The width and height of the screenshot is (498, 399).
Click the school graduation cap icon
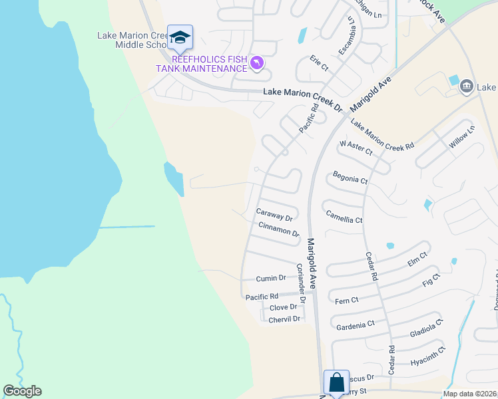coord(180,38)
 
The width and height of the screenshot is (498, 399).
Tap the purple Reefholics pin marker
coord(256,63)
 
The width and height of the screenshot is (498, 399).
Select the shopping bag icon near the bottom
coord(336,383)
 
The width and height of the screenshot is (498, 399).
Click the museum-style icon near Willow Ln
coord(466,85)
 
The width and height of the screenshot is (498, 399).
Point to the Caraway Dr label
coord(274,217)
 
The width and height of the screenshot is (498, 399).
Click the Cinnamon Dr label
coord(278,229)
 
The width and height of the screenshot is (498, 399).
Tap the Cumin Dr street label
coord(272,278)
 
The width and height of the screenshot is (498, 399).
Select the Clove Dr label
coord(283,307)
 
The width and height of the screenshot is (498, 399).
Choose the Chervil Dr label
coord(285,319)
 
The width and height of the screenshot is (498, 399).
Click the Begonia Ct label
coord(350,180)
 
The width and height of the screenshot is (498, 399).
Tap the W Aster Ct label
coord(356,147)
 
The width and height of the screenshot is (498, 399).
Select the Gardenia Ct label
coord(356,325)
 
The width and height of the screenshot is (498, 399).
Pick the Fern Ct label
coord(346,301)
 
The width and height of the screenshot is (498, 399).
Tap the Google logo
coord(22,391)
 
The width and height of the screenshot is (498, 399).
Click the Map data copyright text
coord(470,394)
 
